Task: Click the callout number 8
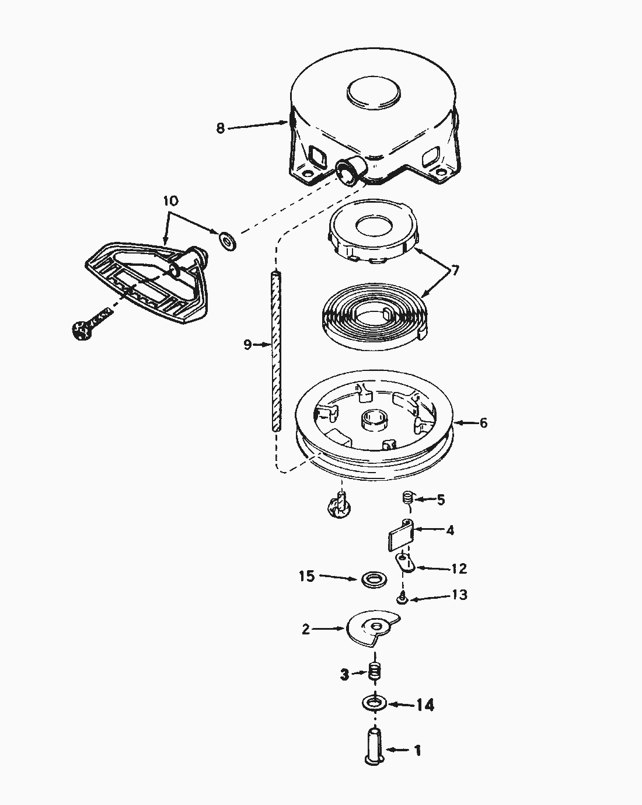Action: coord(220,128)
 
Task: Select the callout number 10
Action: coord(170,200)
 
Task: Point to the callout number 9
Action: coord(247,345)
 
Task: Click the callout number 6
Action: coord(483,422)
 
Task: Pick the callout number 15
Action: coord(306,577)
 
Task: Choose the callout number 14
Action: coord(425,705)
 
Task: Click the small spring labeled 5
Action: coord(408,498)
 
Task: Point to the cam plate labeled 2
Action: coord(372,630)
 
